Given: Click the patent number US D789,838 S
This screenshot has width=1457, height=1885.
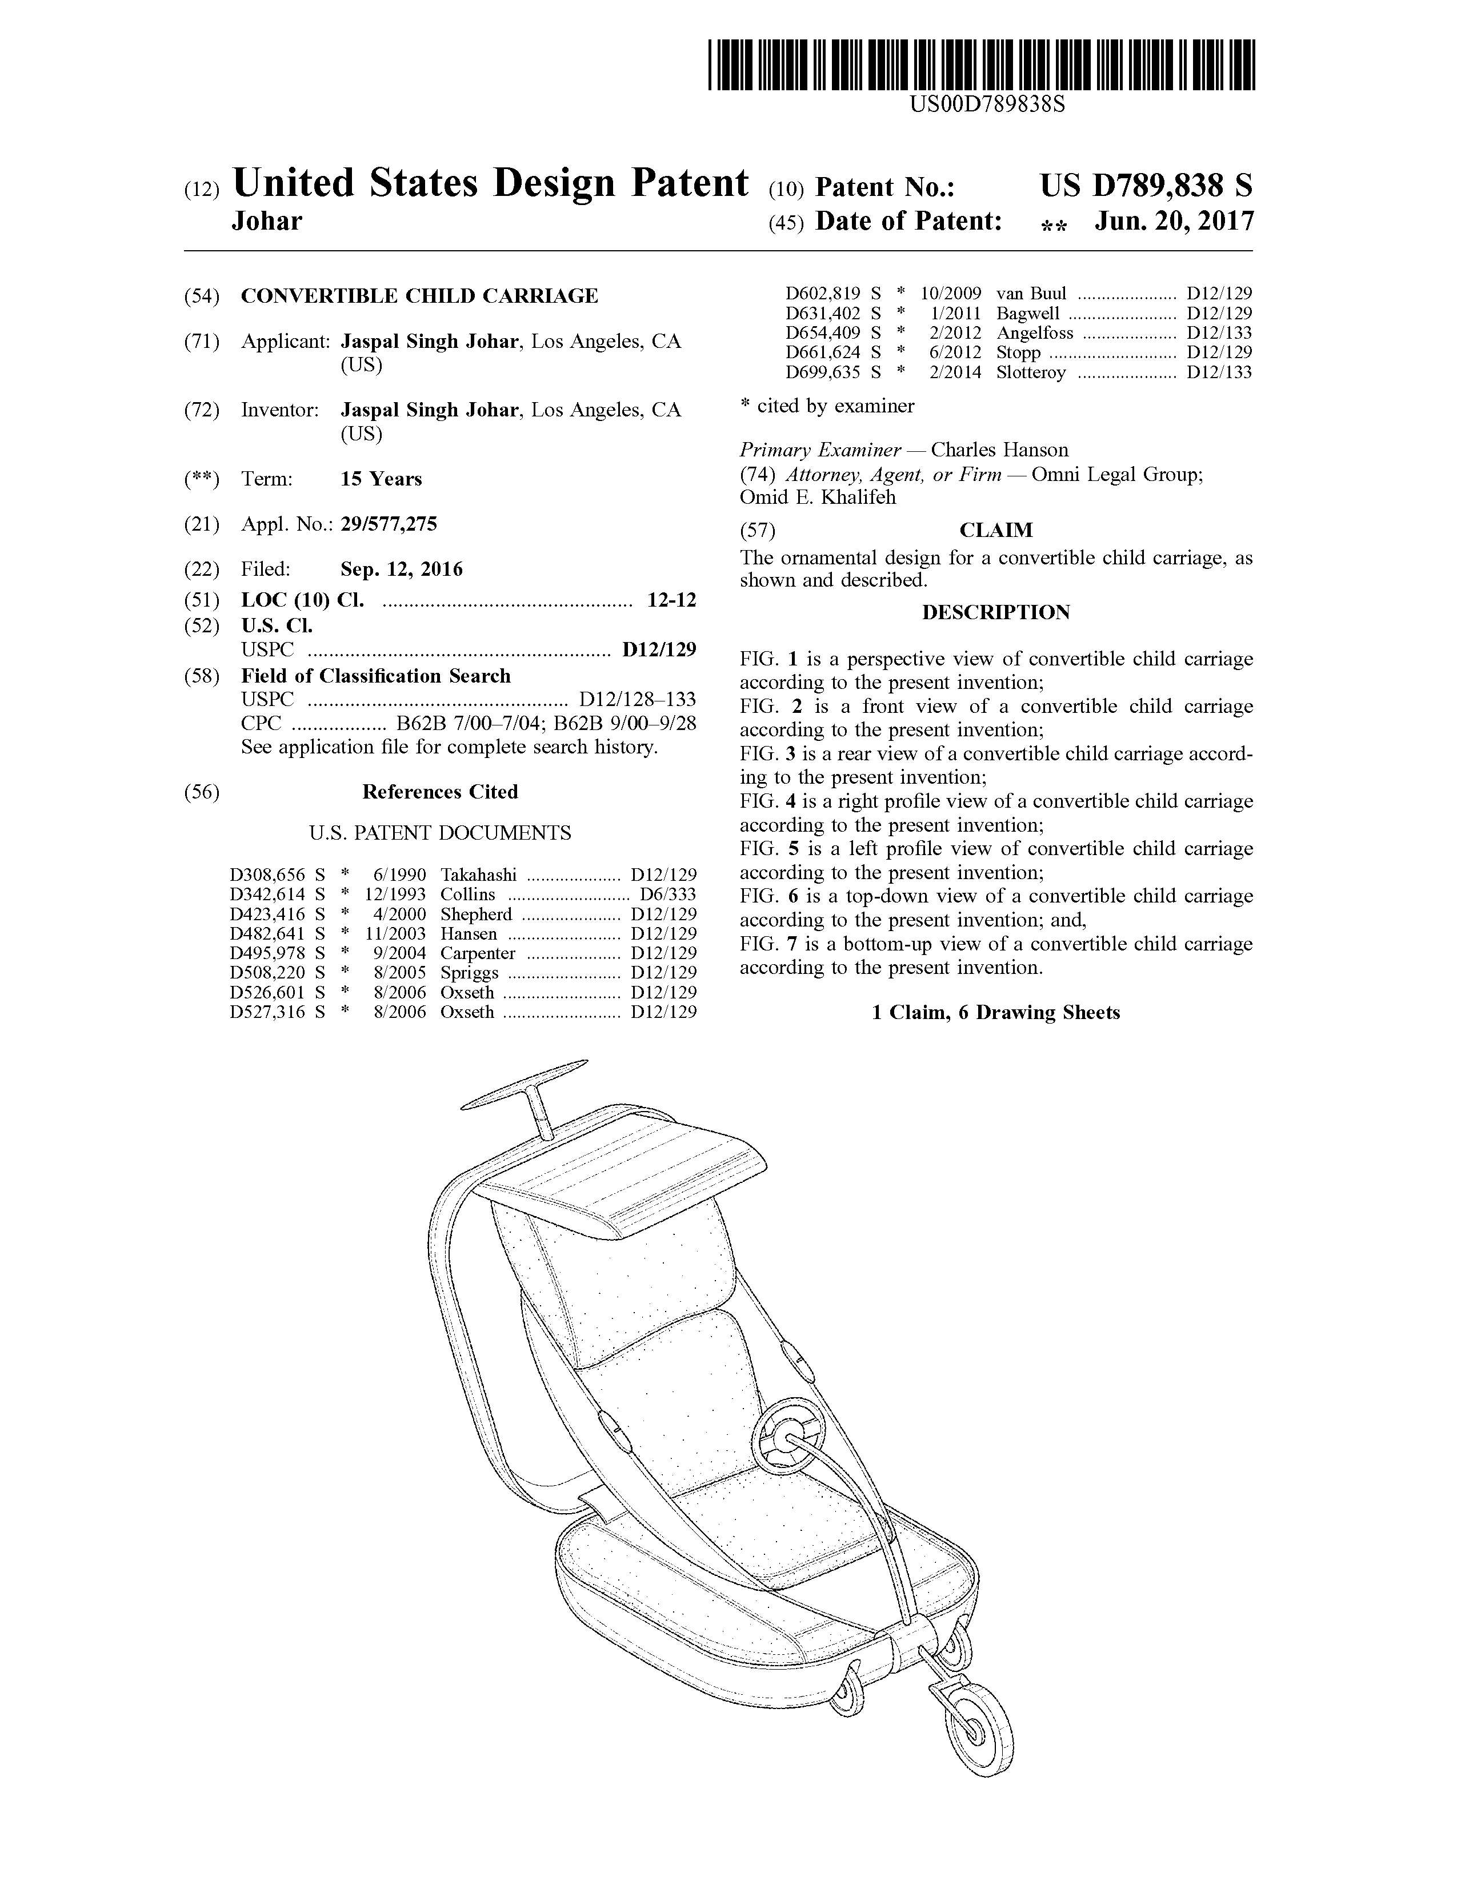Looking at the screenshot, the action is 1146,186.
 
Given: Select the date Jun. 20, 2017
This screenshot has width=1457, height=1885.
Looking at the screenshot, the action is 1174,222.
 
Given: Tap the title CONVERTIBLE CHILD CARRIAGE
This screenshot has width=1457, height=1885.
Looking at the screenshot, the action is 419,296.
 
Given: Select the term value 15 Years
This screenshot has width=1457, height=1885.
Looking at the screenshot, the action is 382,479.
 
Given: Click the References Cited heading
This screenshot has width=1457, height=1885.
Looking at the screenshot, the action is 440,792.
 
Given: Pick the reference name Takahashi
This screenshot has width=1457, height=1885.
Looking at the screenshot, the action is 478,875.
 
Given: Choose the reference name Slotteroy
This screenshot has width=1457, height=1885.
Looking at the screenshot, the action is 1031,373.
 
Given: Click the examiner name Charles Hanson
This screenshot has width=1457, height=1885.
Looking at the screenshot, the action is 999,450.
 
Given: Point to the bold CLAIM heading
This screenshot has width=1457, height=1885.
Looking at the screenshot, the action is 996,530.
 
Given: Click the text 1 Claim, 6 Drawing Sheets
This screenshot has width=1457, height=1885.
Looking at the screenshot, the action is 996,1012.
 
